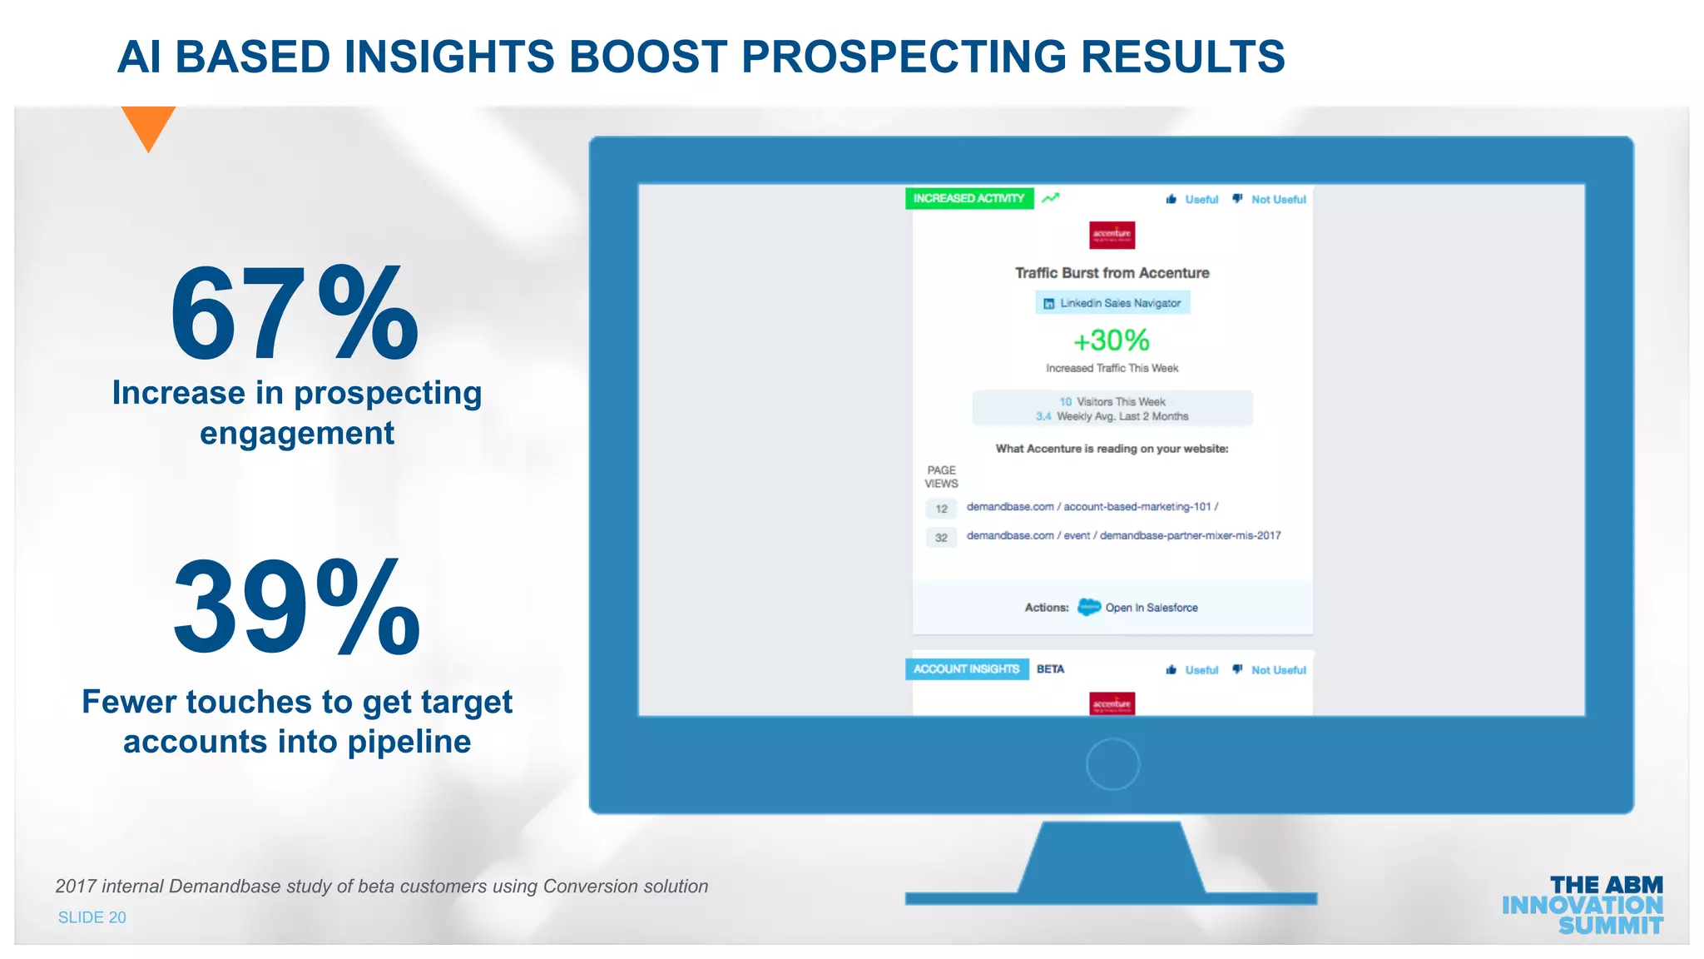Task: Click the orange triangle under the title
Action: click(148, 125)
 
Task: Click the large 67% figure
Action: click(295, 314)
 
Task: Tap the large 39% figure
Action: click(296, 608)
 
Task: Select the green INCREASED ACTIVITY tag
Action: click(968, 198)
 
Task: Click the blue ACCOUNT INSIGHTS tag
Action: click(966, 669)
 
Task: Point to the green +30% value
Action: click(1112, 340)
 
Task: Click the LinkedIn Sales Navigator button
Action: click(1112, 303)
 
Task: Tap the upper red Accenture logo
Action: click(1112, 235)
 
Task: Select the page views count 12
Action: click(941, 509)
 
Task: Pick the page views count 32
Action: click(941, 538)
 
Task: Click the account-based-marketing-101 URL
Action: click(1092, 507)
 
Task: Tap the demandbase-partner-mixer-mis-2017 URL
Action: click(1123, 536)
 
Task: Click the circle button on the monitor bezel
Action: click(1112, 764)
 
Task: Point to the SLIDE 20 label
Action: click(92, 917)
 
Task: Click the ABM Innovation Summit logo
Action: click(1583, 905)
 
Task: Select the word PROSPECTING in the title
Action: click(904, 57)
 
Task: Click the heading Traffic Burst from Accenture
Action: click(1112, 273)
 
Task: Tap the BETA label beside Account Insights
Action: click(1050, 669)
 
